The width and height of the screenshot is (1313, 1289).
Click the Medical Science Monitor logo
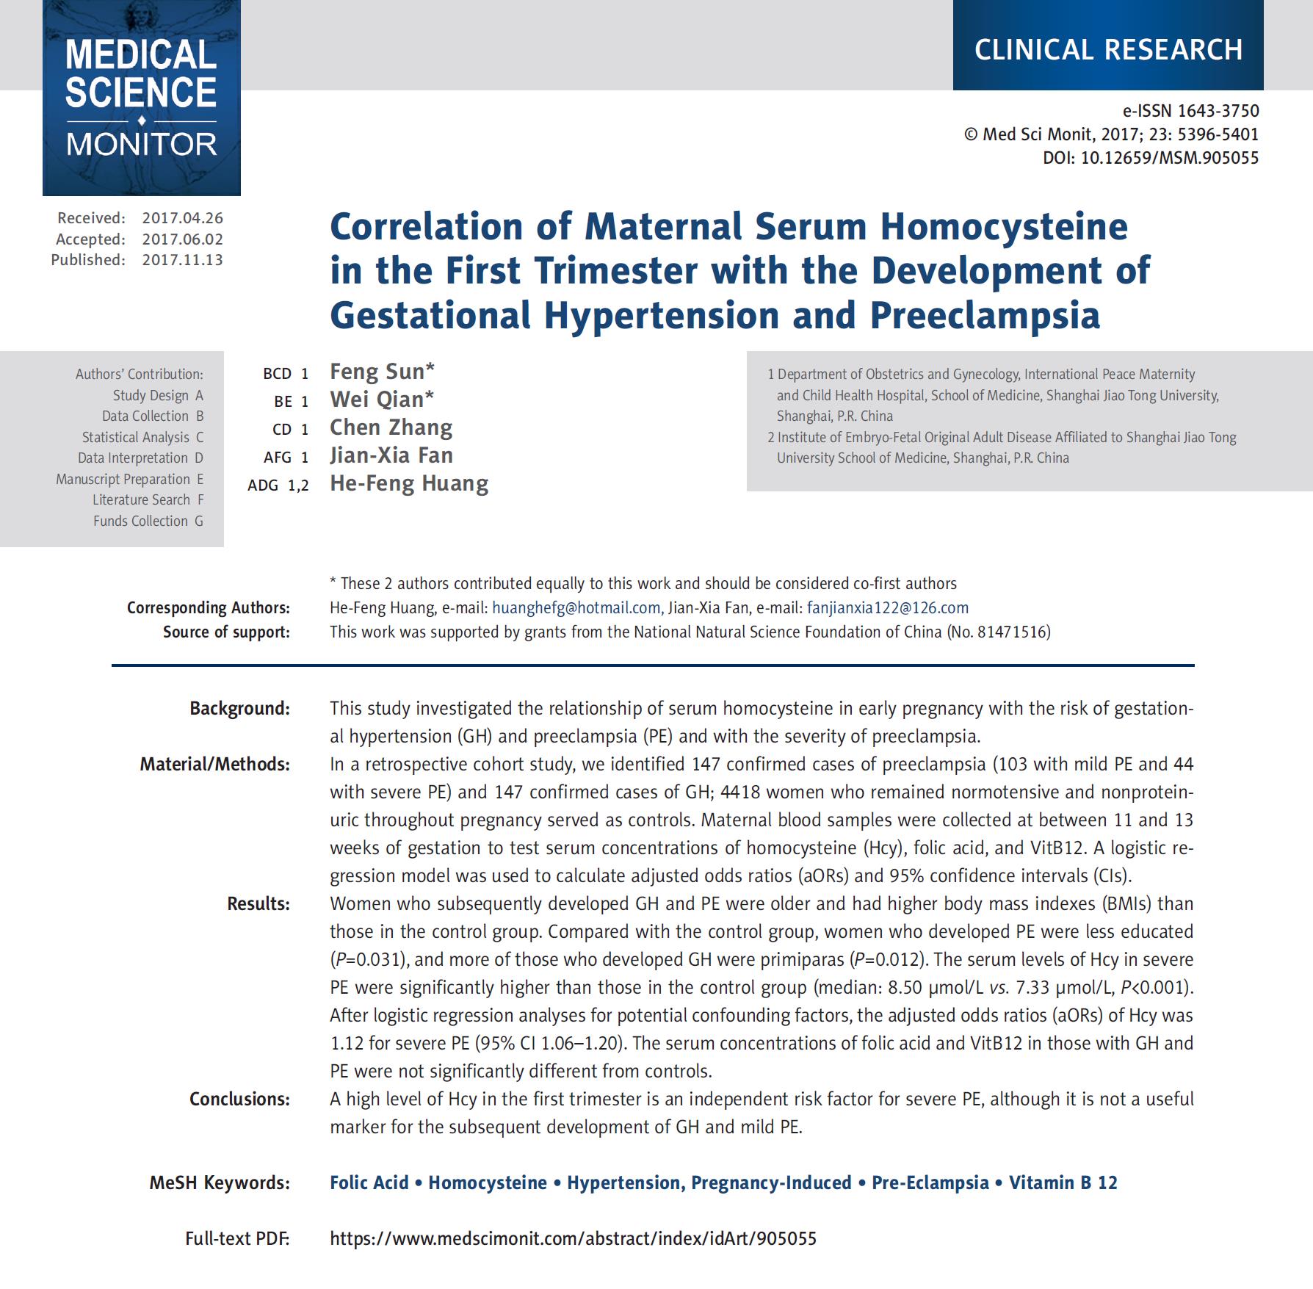(141, 97)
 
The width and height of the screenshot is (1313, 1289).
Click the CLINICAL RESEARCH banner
(1108, 49)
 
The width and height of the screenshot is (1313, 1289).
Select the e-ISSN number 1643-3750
(1218, 111)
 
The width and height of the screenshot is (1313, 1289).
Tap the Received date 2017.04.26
(182, 218)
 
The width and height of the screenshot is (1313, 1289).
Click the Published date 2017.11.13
(182, 260)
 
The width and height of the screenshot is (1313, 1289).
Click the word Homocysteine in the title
(1004, 226)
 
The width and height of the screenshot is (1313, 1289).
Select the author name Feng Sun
(377, 372)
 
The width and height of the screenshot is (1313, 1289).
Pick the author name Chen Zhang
(391, 427)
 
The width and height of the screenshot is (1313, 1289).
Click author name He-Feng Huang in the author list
(409, 483)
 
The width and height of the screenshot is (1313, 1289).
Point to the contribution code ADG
(263, 485)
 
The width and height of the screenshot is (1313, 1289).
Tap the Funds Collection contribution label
(140, 521)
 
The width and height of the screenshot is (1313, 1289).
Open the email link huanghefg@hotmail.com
(576, 607)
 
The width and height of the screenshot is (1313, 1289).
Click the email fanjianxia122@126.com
(887, 607)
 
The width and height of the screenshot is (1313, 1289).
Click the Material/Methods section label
(214, 765)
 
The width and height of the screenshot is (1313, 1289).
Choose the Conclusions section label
(239, 1100)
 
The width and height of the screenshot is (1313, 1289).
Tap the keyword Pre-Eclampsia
(930, 1183)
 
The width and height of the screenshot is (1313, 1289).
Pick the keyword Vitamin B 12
(1063, 1183)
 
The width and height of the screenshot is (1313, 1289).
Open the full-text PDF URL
(573, 1239)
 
